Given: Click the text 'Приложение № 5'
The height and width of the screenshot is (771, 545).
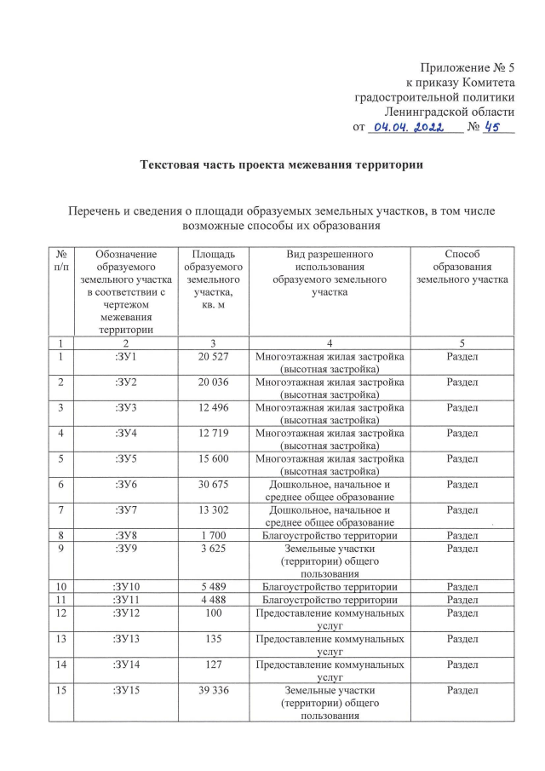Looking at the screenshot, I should [468, 67].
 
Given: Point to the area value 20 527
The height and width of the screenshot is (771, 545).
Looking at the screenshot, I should [214, 356].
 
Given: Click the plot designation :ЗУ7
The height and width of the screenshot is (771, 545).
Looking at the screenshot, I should [127, 509].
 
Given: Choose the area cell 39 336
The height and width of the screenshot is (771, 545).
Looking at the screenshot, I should [214, 691].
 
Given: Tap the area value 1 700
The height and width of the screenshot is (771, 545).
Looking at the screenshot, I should [214, 536].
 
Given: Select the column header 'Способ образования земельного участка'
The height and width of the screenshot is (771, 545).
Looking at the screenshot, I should [462, 267].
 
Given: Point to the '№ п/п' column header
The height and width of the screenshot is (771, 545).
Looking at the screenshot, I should [61, 261].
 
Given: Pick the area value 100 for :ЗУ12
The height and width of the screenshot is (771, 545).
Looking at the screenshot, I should [214, 613].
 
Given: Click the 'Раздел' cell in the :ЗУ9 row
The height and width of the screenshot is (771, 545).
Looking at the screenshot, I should [462, 549].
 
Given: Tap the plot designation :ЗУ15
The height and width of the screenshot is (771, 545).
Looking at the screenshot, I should [127, 691].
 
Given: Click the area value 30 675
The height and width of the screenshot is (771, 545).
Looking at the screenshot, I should [214, 484].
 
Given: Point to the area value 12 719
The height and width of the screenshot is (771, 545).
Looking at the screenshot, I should [214, 433].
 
